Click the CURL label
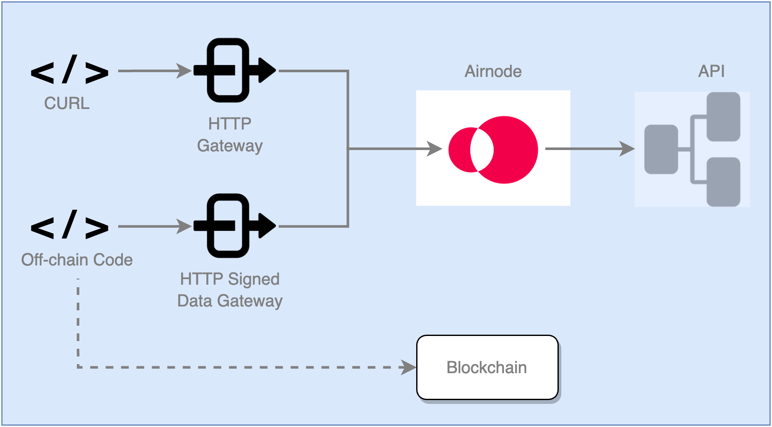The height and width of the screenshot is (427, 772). point(67,103)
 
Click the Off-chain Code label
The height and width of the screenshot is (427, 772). point(77,260)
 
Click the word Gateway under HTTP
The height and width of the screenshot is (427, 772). point(230,146)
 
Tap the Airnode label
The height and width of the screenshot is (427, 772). point(493,71)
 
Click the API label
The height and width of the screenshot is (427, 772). point(711,71)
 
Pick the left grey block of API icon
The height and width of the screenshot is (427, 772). point(661,149)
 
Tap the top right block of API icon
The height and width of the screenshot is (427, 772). point(723,117)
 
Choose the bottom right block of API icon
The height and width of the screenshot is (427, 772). point(723,182)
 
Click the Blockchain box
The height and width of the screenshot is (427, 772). point(487,368)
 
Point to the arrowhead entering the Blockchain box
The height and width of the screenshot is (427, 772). point(408,367)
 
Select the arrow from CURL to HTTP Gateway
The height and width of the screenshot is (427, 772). point(154,71)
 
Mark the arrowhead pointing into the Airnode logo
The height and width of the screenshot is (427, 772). point(435,149)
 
